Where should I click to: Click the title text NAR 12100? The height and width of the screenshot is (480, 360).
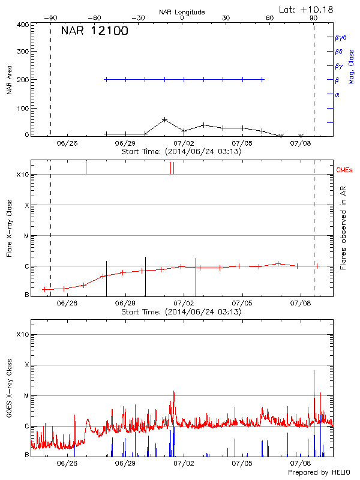(x=94, y=31)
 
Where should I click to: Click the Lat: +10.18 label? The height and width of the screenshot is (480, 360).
(x=307, y=9)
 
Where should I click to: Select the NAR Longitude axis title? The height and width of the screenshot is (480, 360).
(x=182, y=12)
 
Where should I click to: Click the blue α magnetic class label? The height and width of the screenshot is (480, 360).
(x=337, y=94)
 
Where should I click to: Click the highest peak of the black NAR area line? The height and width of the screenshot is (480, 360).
(x=165, y=119)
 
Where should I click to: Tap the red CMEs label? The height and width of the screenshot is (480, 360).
(x=345, y=170)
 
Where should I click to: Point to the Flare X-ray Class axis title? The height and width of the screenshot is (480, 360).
(x=10, y=229)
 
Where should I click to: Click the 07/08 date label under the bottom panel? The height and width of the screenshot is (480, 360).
(x=301, y=463)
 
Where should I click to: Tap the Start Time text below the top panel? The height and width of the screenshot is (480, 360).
(x=181, y=152)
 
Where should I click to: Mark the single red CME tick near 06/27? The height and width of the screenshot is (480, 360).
(x=86, y=167)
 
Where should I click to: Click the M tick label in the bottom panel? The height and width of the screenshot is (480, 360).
(x=26, y=396)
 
